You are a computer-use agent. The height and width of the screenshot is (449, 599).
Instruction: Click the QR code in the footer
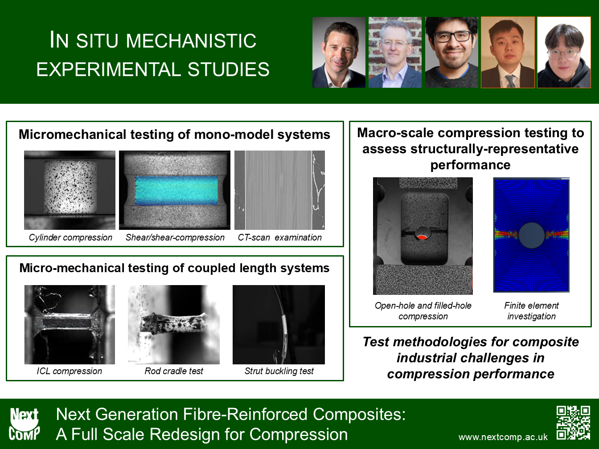click(x=573, y=423)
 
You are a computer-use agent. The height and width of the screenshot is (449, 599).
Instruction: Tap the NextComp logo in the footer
click(x=24, y=424)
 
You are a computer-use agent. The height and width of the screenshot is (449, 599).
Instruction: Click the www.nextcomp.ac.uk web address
click(x=503, y=437)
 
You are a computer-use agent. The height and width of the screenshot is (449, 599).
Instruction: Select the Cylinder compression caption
click(x=70, y=237)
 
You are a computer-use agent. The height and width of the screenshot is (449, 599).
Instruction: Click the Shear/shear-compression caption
click(x=175, y=237)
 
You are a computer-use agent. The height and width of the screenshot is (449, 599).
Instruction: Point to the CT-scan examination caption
click(x=280, y=237)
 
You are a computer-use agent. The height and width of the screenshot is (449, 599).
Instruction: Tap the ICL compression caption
click(x=70, y=371)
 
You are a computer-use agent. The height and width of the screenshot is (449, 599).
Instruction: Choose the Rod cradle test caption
click(x=174, y=371)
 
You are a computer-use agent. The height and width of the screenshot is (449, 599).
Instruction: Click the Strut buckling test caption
click(x=279, y=371)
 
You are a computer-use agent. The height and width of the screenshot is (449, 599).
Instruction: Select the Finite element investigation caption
click(x=531, y=311)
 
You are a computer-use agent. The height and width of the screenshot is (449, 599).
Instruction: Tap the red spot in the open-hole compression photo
click(x=423, y=237)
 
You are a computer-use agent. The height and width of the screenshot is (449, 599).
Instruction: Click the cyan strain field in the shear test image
click(x=176, y=191)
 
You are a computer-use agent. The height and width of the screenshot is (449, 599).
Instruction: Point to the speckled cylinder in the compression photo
click(x=70, y=187)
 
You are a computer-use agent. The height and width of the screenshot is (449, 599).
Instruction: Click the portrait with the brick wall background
click(x=395, y=53)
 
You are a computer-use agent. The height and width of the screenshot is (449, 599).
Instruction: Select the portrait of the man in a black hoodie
click(x=564, y=53)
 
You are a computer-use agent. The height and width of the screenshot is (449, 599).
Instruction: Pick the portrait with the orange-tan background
click(x=508, y=53)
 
